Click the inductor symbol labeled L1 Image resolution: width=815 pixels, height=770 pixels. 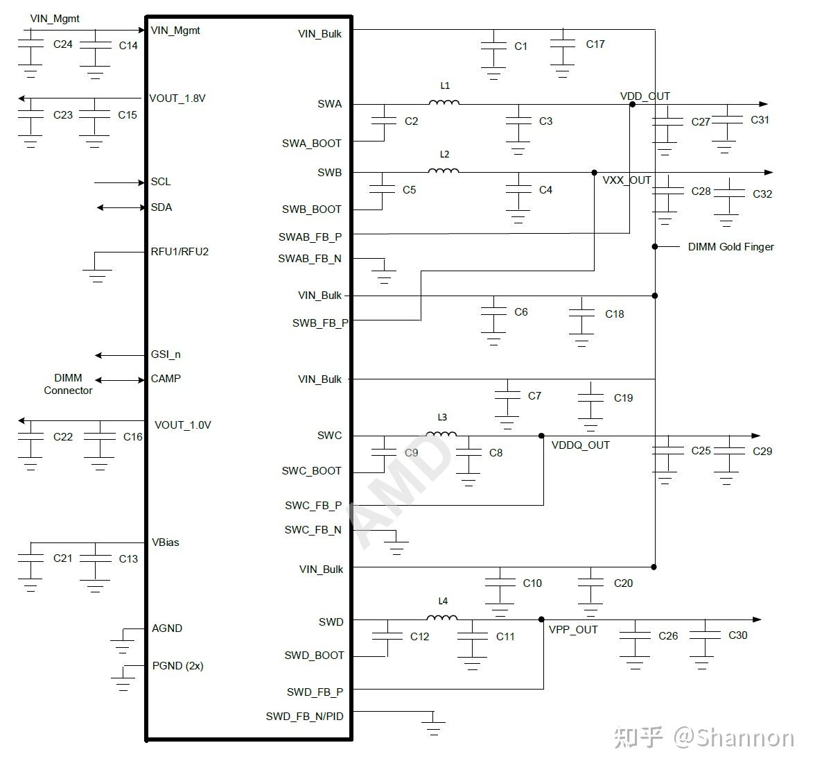tap(444, 103)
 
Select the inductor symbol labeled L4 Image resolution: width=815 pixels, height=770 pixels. tap(441, 618)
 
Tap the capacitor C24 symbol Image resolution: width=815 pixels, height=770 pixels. tap(30, 44)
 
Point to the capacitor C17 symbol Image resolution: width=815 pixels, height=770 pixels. tap(563, 44)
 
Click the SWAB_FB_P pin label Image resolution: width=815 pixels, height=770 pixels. tap(310, 237)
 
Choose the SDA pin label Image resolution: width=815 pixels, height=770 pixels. tap(161, 207)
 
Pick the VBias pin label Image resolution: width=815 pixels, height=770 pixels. tap(166, 542)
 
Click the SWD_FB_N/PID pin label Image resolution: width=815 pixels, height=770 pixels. tap(304, 716)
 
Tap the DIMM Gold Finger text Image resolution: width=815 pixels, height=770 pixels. tap(730, 247)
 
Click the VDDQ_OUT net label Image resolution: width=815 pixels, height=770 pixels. tap(580, 445)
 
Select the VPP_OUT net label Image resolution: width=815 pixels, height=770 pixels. tap(573, 630)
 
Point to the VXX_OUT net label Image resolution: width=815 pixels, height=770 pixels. tap(626, 180)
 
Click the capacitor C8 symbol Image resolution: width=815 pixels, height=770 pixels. tap(469, 452)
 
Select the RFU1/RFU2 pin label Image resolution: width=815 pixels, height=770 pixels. tap(179, 252)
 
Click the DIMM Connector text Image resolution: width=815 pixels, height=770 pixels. tap(68, 384)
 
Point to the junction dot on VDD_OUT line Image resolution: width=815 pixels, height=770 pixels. tap(631, 105)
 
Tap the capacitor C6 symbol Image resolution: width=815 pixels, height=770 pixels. tap(493, 312)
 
